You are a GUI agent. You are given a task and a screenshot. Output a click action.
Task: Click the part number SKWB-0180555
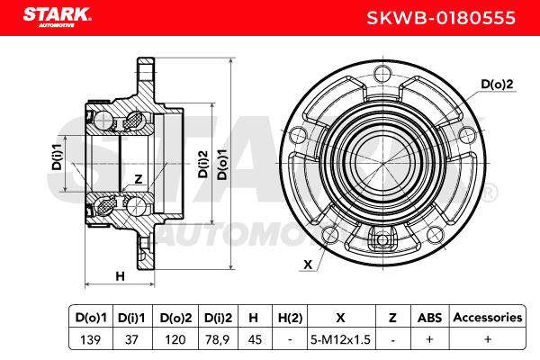(440, 18)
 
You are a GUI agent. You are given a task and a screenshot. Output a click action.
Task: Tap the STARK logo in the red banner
(57, 16)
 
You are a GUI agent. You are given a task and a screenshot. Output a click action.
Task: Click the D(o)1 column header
(91, 318)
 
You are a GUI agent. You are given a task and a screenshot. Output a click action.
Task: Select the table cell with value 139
(91, 339)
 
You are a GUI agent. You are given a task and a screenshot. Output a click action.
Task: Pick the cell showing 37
(131, 339)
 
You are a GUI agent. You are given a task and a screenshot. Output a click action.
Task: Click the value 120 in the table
(175, 339)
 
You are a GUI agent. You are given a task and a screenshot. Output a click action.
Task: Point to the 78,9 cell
(218, 339)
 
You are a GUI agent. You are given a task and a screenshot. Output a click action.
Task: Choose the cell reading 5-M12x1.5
(340, 339)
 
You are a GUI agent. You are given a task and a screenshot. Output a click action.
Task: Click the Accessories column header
(488, 318)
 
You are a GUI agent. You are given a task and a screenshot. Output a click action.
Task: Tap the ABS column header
(430, 318)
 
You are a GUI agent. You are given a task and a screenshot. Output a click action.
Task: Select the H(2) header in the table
(290, 318)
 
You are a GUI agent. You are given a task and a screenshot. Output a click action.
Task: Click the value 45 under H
(255, 339)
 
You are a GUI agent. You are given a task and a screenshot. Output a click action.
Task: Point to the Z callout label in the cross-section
(138, 179)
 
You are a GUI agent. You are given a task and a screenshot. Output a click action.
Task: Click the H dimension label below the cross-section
(120, 276)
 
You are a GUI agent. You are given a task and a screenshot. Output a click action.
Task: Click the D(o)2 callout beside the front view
(497, 84)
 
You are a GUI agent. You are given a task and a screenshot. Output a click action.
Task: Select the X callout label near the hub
(308, 265)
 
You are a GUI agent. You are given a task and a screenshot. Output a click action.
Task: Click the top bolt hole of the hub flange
(382, 73)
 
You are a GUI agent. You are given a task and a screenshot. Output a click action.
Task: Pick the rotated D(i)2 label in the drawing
(203, 164)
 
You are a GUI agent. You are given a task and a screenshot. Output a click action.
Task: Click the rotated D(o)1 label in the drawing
(222, 165)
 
